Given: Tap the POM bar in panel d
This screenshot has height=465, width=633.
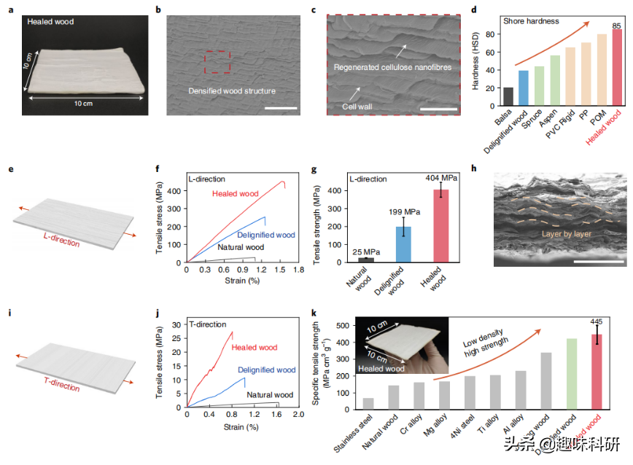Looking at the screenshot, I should point(601,72).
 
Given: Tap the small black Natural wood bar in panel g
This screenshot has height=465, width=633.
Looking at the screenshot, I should point(366,259).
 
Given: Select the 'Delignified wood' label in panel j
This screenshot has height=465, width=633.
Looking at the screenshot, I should point(267,370).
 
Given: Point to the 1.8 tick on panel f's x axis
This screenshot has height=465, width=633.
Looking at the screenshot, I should point(298,270).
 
